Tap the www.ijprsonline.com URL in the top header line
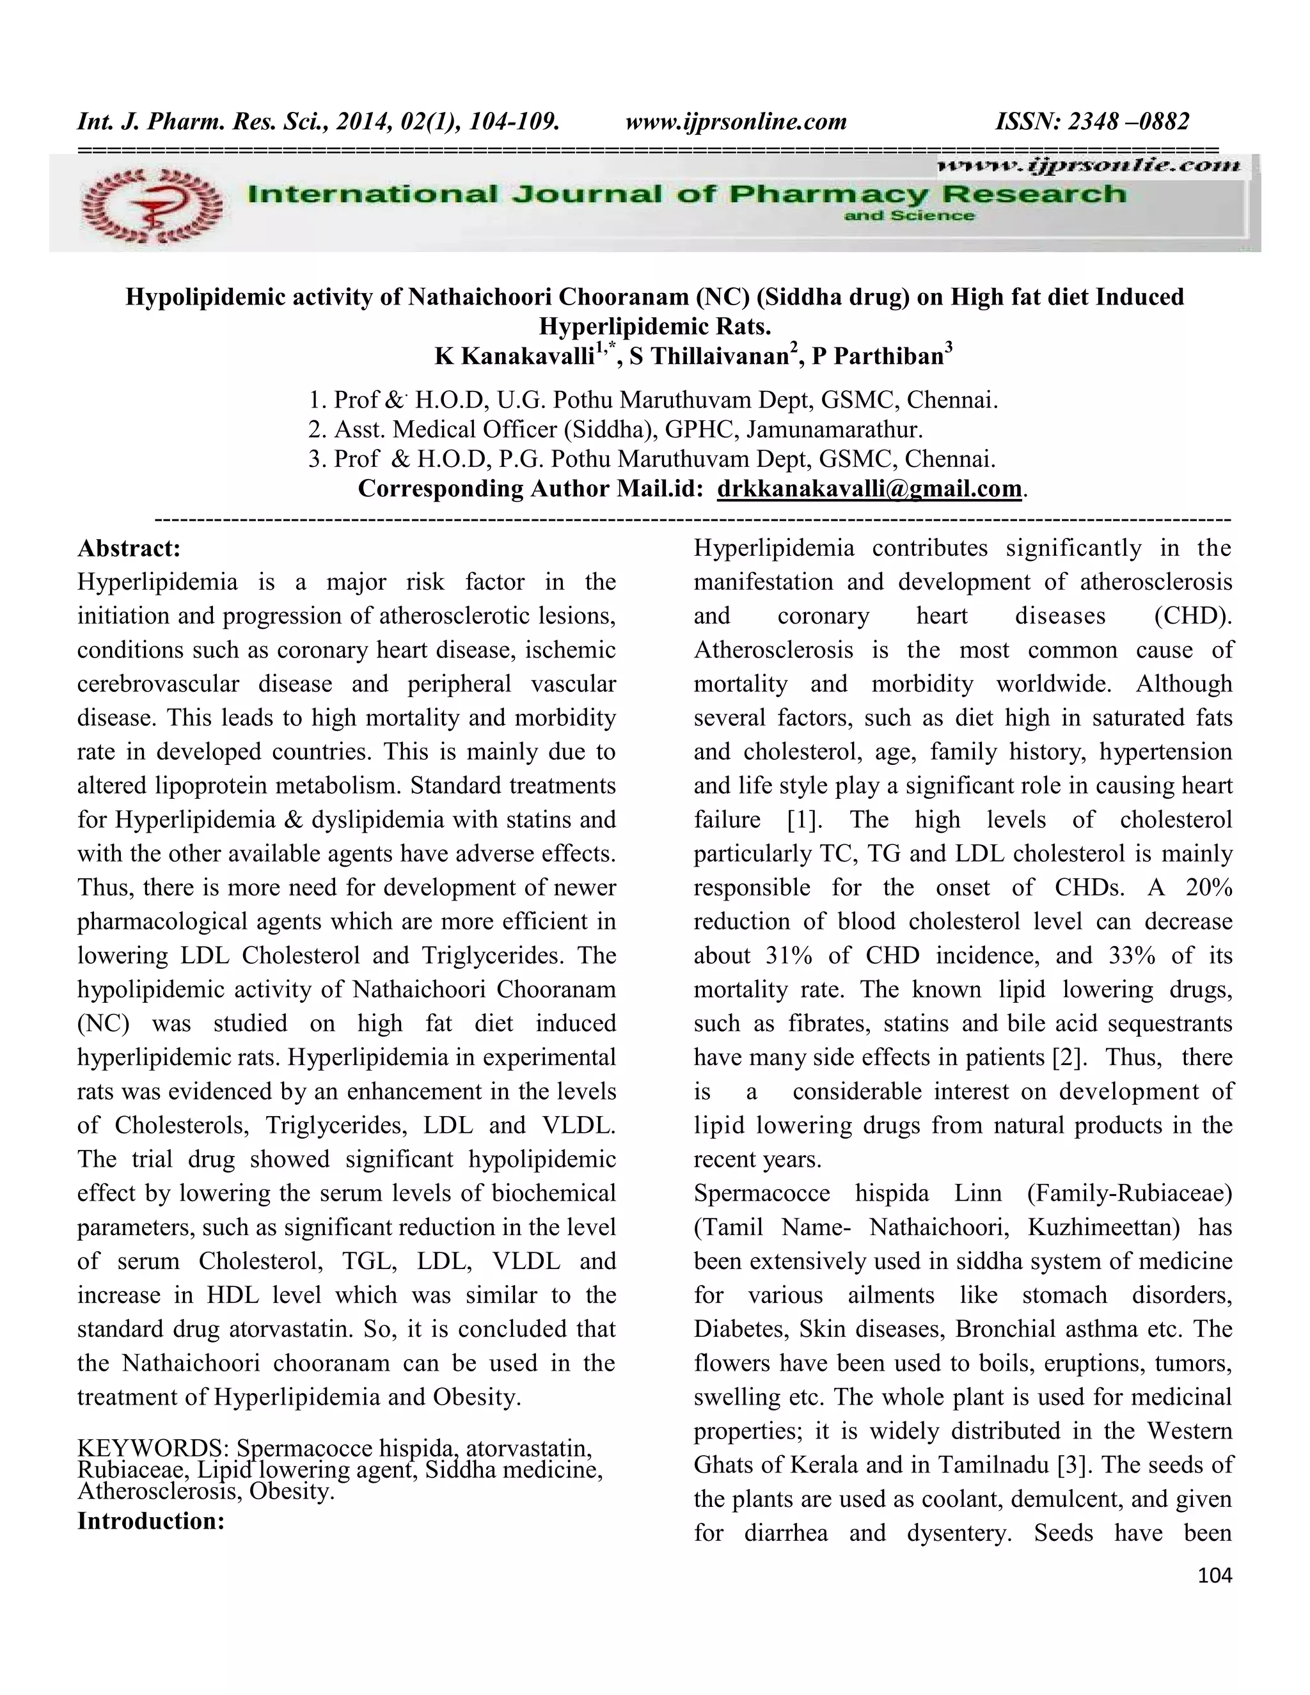[736, 122]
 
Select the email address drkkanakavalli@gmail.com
[869, 489]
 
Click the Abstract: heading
[129, 549]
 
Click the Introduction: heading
[150, 1520]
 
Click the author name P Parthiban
[877, 356]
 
